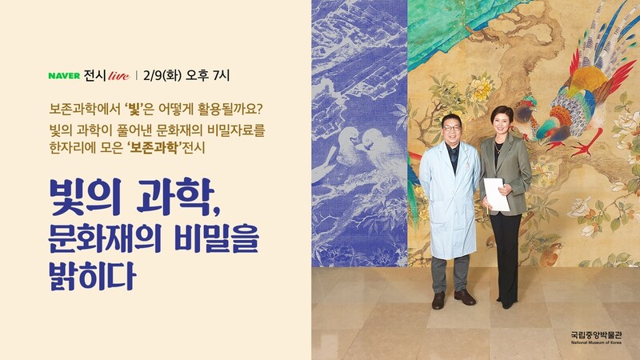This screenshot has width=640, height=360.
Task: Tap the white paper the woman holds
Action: click(496, 194)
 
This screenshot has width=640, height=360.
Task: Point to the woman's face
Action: click(502, 121)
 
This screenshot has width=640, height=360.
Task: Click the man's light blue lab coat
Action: click(450, 200)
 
